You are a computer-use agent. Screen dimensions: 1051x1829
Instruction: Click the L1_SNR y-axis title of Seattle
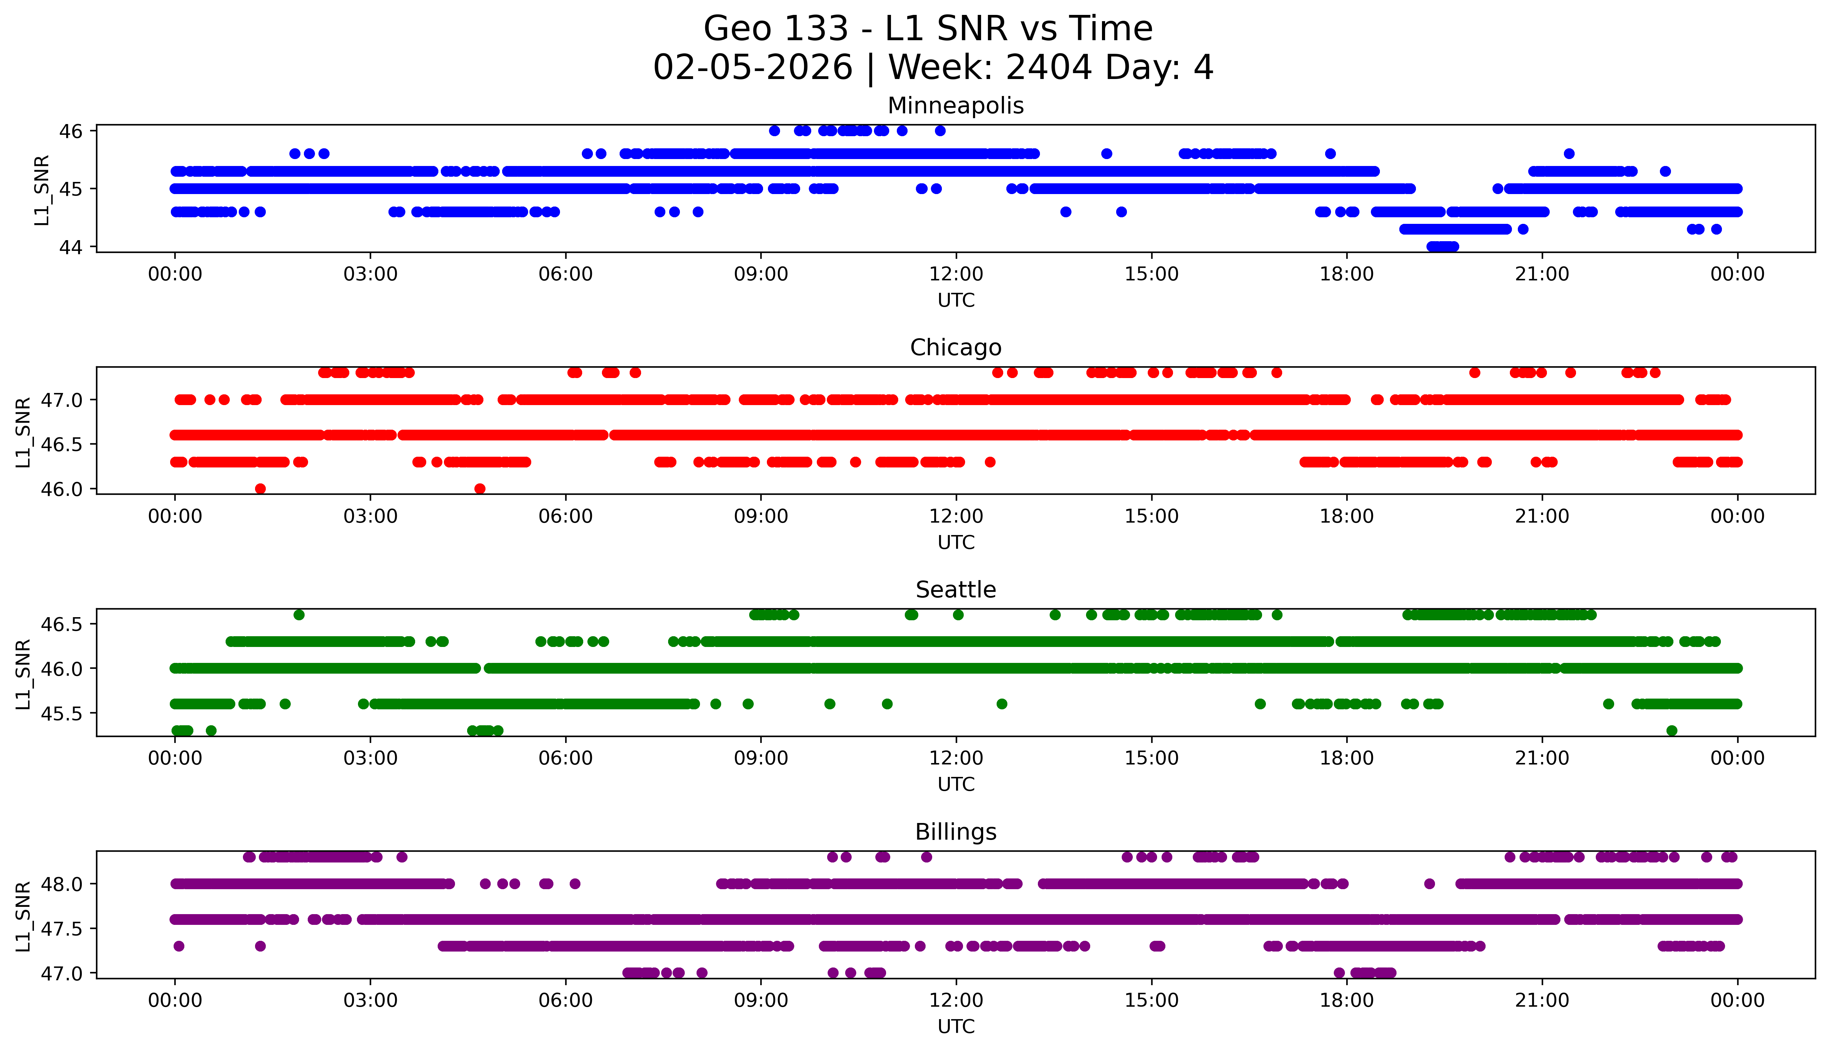[x=23, y=674]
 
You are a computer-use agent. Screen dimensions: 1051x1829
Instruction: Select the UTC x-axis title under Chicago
[x=956, y=542]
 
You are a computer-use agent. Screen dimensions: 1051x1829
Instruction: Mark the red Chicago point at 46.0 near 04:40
[x=480, y=489]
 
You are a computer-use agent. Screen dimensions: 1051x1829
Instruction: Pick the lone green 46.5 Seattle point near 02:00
[x=299, y=615]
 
